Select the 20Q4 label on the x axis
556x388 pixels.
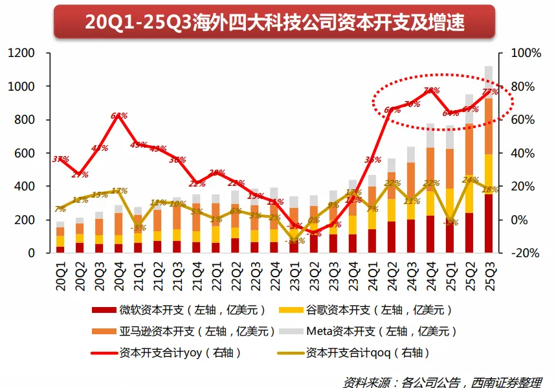pyautogui.click(x=119, y=272)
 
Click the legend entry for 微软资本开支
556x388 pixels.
pyautogui.click(x=171, y=310)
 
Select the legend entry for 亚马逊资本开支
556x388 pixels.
pyautogui.click(x=171, y=332)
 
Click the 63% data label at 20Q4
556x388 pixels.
pyautogui.click(x=119, y=116)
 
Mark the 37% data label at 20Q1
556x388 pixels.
pyautogui.click(x=60, y=159)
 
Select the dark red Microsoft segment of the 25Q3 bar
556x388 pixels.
pyautogui.click(x=489, y=223)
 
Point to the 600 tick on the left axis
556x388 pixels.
pyautogui.click(x=25, y=154)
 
